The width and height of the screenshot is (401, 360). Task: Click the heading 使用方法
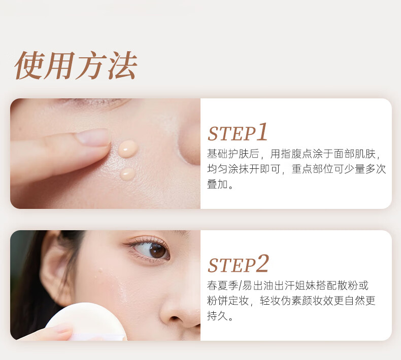click(x=76, y=65)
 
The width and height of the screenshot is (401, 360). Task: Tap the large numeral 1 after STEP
click(x=262, y=131)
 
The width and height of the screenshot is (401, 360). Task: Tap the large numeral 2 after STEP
click(x=262, y=263)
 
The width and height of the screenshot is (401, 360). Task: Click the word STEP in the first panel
click(x=231, y=134)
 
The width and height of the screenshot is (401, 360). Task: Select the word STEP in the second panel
click(x=231, y=265)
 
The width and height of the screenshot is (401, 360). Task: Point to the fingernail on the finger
click(x=93, y=137)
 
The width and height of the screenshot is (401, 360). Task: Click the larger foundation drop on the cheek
click(x=128, y=149)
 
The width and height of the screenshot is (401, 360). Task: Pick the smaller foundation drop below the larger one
click(x=127, y=174)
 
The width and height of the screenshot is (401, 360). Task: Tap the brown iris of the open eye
click(x=157, y=250)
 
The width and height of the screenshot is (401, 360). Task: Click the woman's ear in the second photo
click(x=54, y=268)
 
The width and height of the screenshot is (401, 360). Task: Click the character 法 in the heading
click(x=122, y=65)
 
